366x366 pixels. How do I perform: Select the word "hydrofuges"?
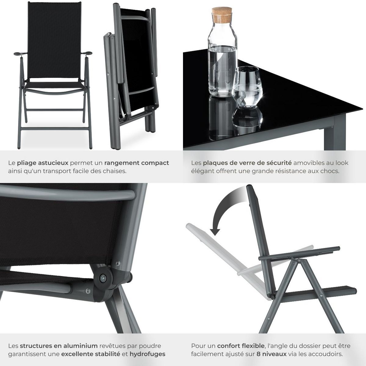coord(148,354)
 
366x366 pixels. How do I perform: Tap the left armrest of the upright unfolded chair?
coord(19,54)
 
